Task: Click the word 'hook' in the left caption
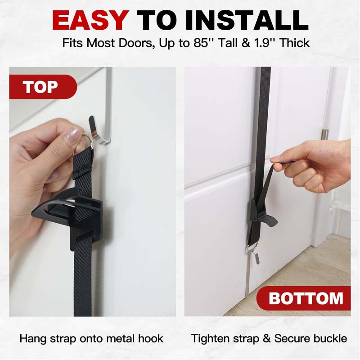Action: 151,339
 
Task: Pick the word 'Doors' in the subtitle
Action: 135,44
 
